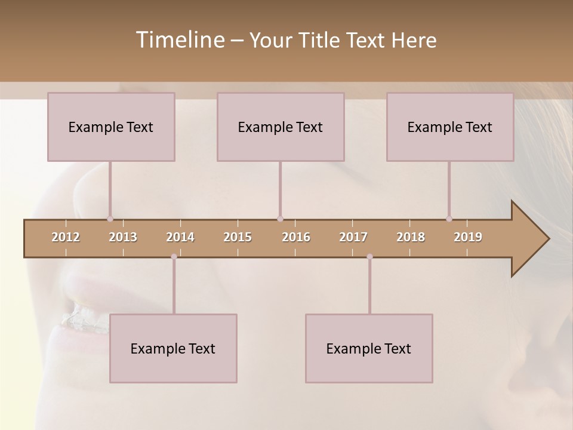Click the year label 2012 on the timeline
[x=66, y=237]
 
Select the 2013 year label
[x=123, y=237]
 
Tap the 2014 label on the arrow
[x=180, y=237]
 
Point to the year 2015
[x=238, y=237]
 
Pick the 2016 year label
[x=296, y=237]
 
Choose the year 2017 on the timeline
[x=353, y=237]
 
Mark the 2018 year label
[x=411, y=237]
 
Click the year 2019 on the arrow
[x=468, y=237]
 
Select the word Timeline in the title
[x=178, y=40]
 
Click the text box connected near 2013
[x=111, y=127]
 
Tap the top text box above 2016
[x=281, y=127]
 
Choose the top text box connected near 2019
[x=450, y=127]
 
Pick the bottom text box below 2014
[x=173, y=348]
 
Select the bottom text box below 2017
[x=369, y=348]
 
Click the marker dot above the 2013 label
[x=110, y=219]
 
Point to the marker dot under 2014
[x=174, y=257]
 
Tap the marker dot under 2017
[x=369, y=257]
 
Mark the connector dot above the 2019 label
[x=449, y=219]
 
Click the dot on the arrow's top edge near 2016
[x=280, y=219]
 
